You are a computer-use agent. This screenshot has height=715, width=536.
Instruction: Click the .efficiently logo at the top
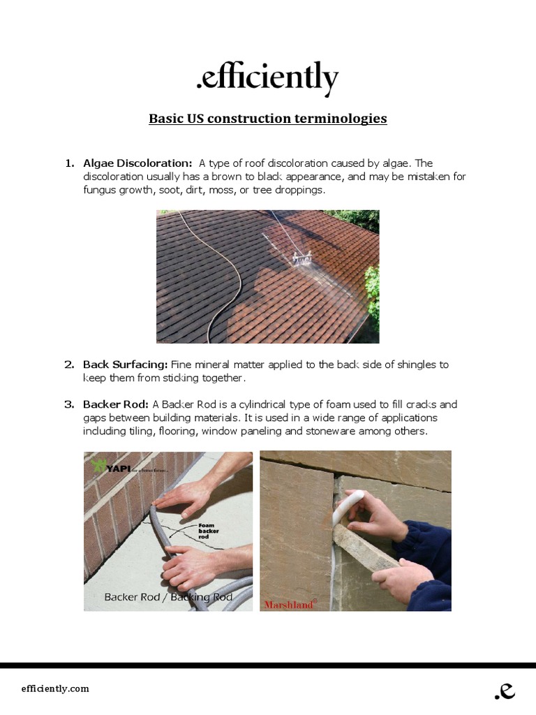point(267,78)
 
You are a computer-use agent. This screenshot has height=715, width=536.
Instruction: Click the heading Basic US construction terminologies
point(267,119)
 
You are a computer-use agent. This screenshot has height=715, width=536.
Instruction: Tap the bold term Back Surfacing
point(126,364)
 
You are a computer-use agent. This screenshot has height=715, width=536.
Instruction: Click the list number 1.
point(69,163)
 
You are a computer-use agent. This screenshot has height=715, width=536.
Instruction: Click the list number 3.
point(69,404)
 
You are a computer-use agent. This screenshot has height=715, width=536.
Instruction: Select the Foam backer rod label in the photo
point(208,531)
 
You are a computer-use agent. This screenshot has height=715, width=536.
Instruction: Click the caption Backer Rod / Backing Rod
point(167,597)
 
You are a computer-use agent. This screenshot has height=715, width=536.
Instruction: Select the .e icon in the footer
point(504,690)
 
